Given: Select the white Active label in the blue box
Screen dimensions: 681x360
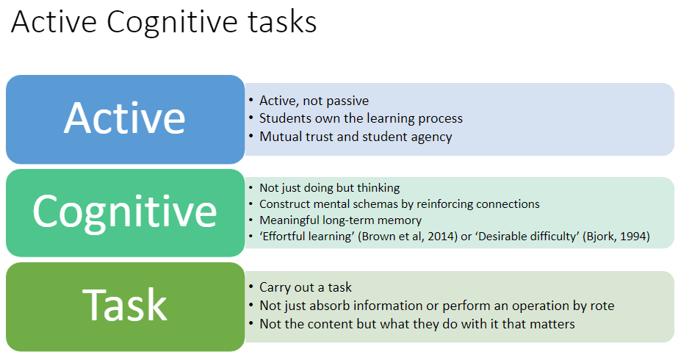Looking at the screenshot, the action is click(125, 118).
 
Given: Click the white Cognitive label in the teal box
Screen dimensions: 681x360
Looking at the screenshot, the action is click(125, 212).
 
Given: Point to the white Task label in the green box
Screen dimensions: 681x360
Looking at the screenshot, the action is click(125, 305).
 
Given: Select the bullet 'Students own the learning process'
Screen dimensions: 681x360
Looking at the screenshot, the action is click(361, 118).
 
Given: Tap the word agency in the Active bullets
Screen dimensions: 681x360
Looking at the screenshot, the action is click(430, 137).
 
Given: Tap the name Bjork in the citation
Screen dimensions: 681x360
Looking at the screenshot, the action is click(599, 237).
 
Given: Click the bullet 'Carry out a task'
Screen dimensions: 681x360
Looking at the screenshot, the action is click(306, 287).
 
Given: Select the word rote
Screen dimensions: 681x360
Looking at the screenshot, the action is click(602, 306).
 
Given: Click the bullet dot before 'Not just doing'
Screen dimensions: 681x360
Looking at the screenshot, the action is click(251, 187).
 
